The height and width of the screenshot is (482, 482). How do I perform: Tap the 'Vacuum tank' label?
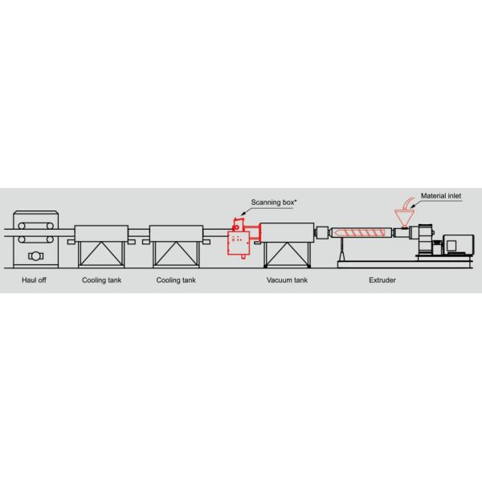(287, 280)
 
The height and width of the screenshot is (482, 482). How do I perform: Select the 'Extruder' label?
(382, 280)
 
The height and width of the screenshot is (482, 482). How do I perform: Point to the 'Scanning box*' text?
(273, 203)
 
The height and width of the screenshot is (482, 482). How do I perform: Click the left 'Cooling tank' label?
(101, 280)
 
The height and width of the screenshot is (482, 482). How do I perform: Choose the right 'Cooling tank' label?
(176, 280)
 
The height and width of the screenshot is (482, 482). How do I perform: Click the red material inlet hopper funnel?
(399, 218)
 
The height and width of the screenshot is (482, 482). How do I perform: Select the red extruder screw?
(361, 233)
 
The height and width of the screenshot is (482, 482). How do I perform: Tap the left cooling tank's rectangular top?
(101, 233)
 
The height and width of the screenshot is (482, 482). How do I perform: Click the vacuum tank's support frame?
(288, 255)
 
